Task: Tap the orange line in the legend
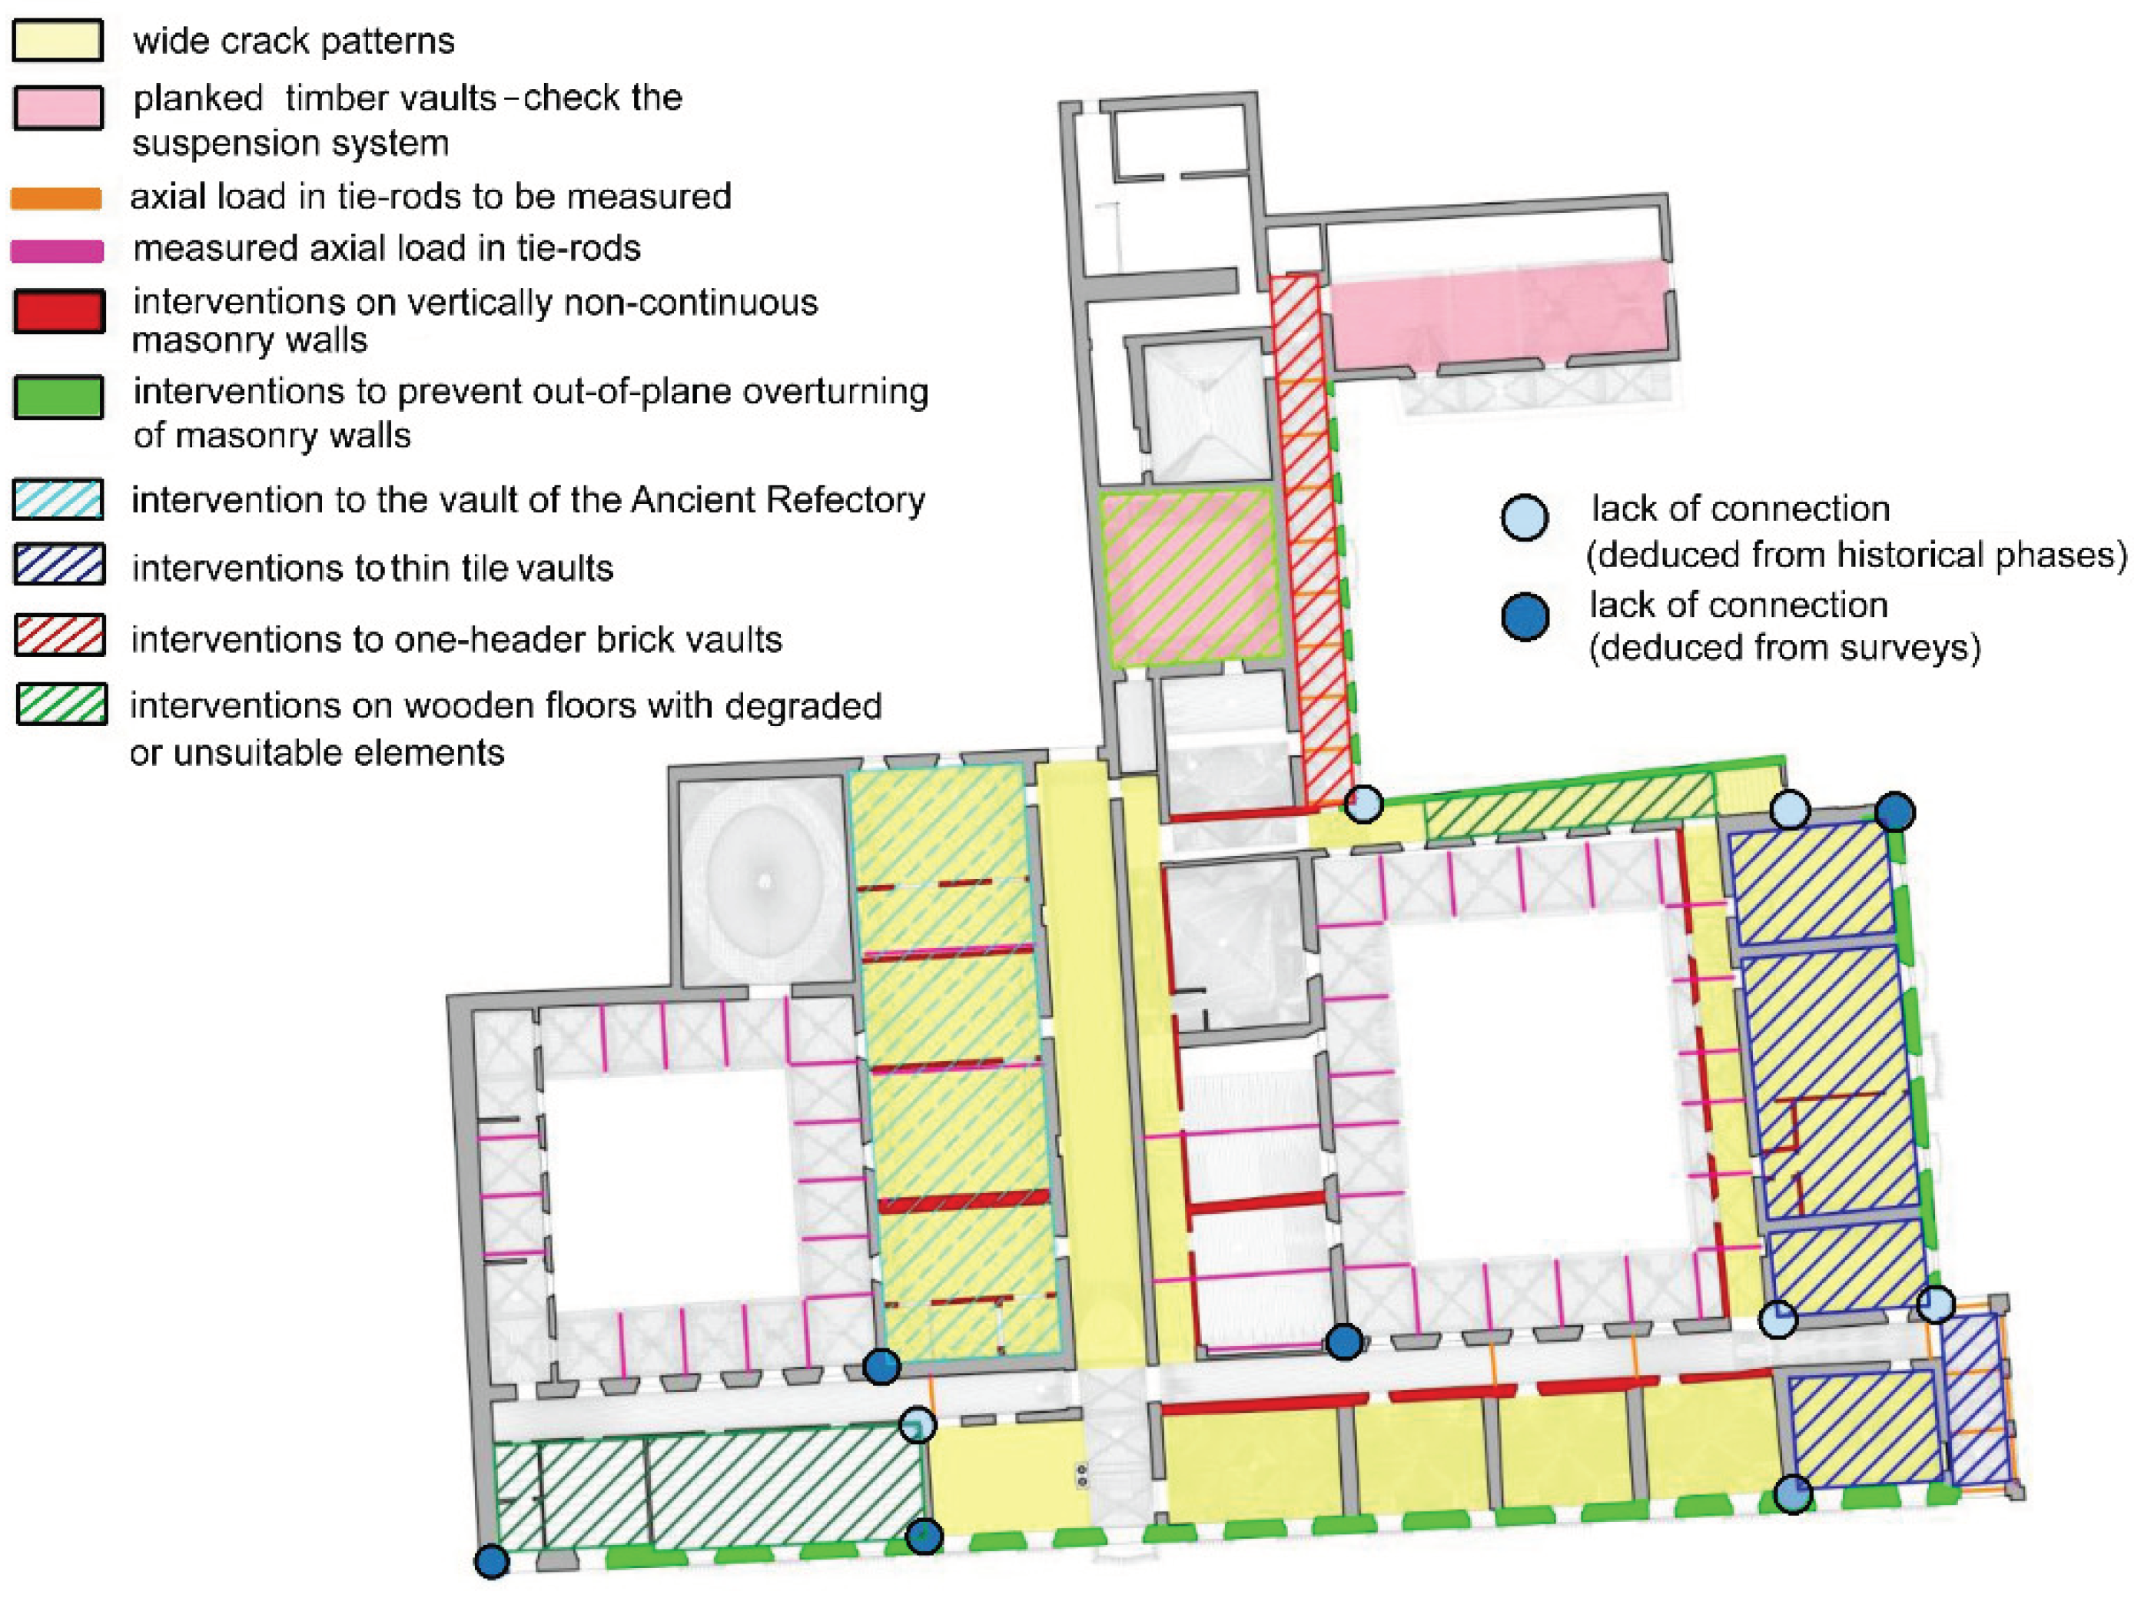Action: tap(56, 198)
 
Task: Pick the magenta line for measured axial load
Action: tap(56, 250)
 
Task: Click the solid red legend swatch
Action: tap(58, 311)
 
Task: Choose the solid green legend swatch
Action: tap(58, 397)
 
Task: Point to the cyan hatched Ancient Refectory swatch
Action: tap(58, 499)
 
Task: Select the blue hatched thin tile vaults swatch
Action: tap(58, 564)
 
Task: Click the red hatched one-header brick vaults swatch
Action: tap(58, 635)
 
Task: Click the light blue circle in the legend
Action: tap(1525, 518)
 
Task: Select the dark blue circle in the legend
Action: tap(1525, 616)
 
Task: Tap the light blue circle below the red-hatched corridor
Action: tap(1363, 803)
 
